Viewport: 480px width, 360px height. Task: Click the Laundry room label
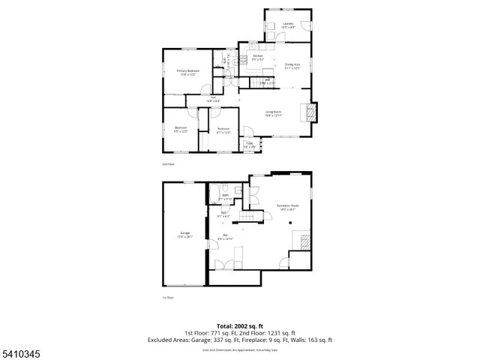coord(287,25)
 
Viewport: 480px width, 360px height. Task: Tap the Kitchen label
coord(257,58)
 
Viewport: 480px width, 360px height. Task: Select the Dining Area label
coord(292,67)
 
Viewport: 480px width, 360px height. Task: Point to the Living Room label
coord(274,113)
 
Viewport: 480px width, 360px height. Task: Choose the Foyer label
coord(248,145)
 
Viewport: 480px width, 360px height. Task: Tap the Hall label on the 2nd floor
coord(213,100)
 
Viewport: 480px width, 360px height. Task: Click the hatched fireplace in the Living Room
coord(309,113)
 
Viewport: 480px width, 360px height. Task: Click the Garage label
coord(184,235)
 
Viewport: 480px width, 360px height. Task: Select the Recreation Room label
coord(287,207)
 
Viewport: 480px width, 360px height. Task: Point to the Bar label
coord(226,238)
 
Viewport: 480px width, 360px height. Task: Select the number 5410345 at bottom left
coord(16,352)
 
